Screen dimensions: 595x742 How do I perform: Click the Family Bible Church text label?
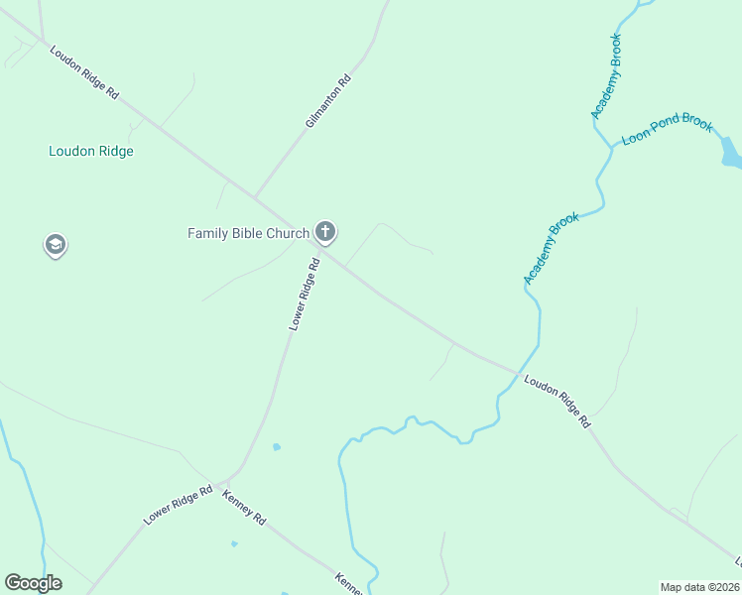[249, 233]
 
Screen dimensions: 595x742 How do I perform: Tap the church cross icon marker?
[324, 233]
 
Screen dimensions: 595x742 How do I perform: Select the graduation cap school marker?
[56, 244]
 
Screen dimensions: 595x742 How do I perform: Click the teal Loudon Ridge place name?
[91, 152]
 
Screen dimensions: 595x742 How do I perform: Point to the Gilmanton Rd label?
[328, 103]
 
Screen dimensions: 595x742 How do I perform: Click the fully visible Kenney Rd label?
[245, 507]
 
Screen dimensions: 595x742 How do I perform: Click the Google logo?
[33, 583]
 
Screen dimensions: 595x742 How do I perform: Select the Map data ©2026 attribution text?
[699, 587]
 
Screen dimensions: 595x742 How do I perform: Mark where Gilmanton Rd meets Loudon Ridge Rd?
[255, 196]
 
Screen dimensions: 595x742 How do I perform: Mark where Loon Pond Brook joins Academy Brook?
[611, 148]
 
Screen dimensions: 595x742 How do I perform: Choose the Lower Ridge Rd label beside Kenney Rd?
[179, 505]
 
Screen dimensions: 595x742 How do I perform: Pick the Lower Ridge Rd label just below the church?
[304, 295]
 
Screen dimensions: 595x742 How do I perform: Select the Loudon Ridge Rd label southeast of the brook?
[558, 401]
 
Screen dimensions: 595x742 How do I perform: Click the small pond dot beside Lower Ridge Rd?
[277, 446]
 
